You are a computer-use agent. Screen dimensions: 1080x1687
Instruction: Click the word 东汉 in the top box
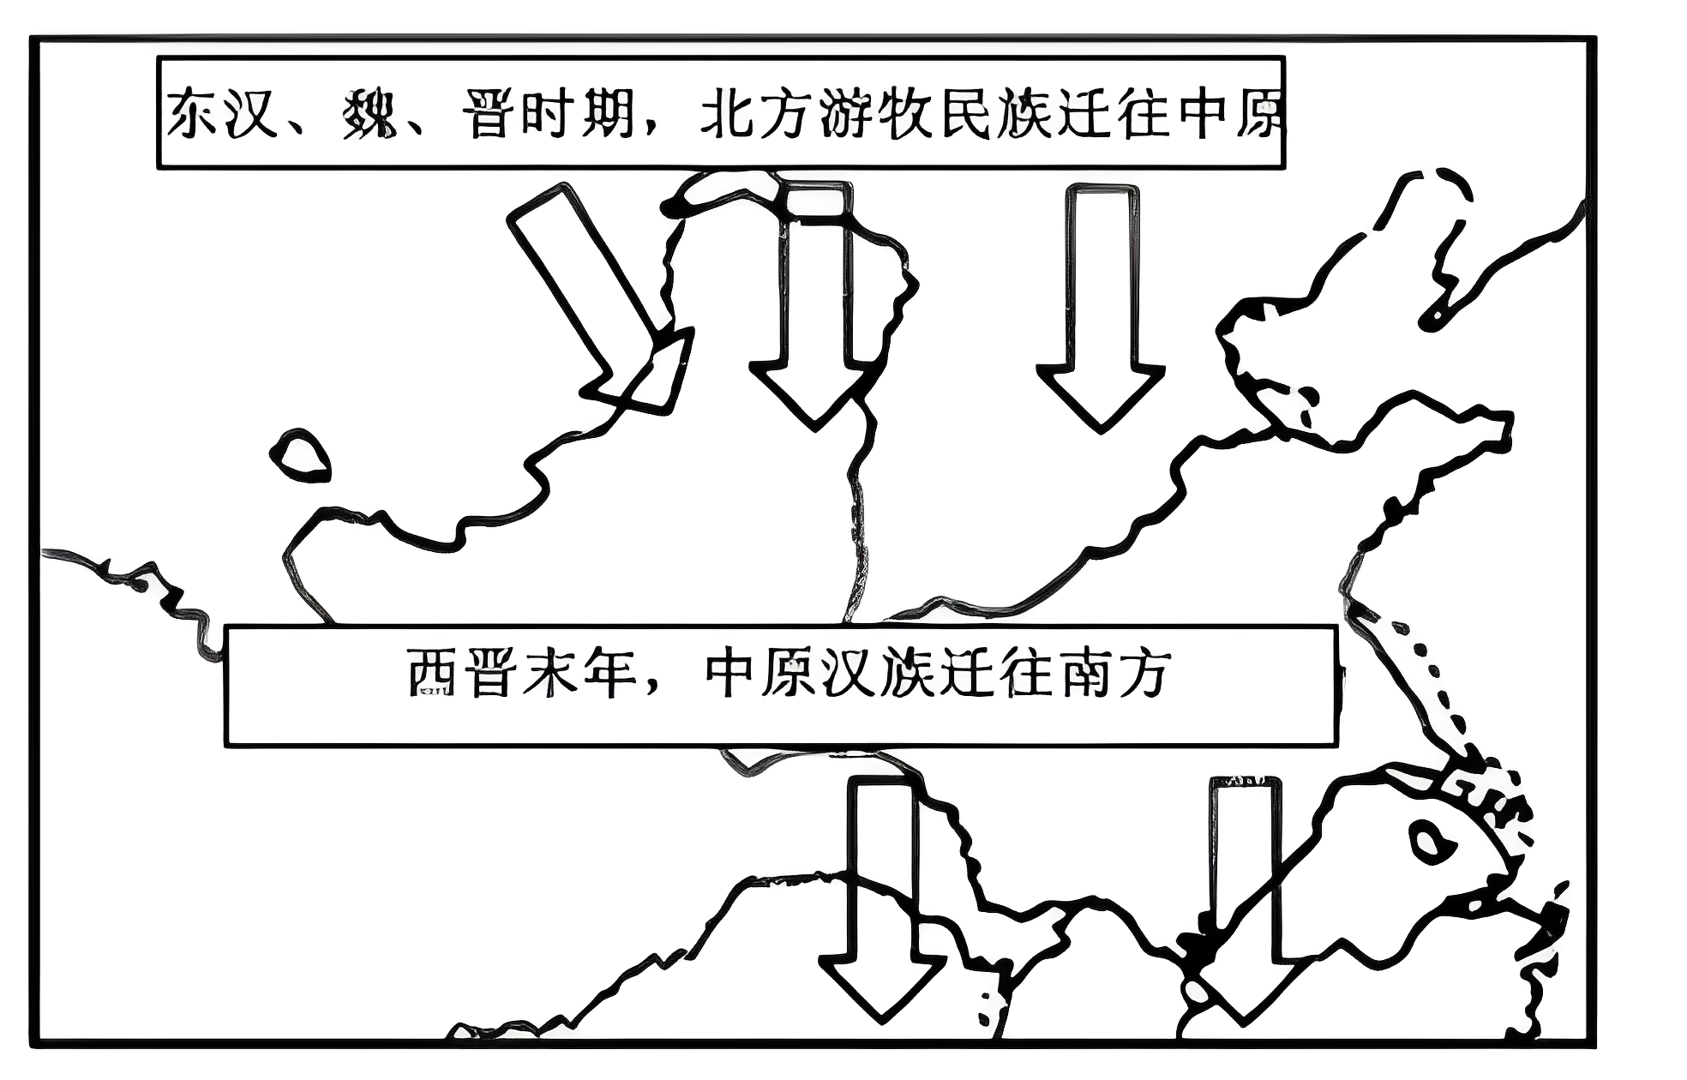(222, 115)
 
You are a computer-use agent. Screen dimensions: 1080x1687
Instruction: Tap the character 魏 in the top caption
(368, 115)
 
